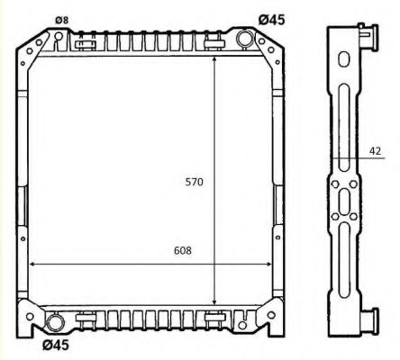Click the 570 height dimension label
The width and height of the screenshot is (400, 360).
195,182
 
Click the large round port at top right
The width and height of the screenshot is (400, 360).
246,39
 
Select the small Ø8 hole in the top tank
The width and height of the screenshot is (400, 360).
59,37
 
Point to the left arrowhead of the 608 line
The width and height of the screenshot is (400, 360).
34,265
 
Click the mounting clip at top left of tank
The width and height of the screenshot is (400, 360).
86,42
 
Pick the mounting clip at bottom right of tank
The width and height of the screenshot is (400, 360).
215,316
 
